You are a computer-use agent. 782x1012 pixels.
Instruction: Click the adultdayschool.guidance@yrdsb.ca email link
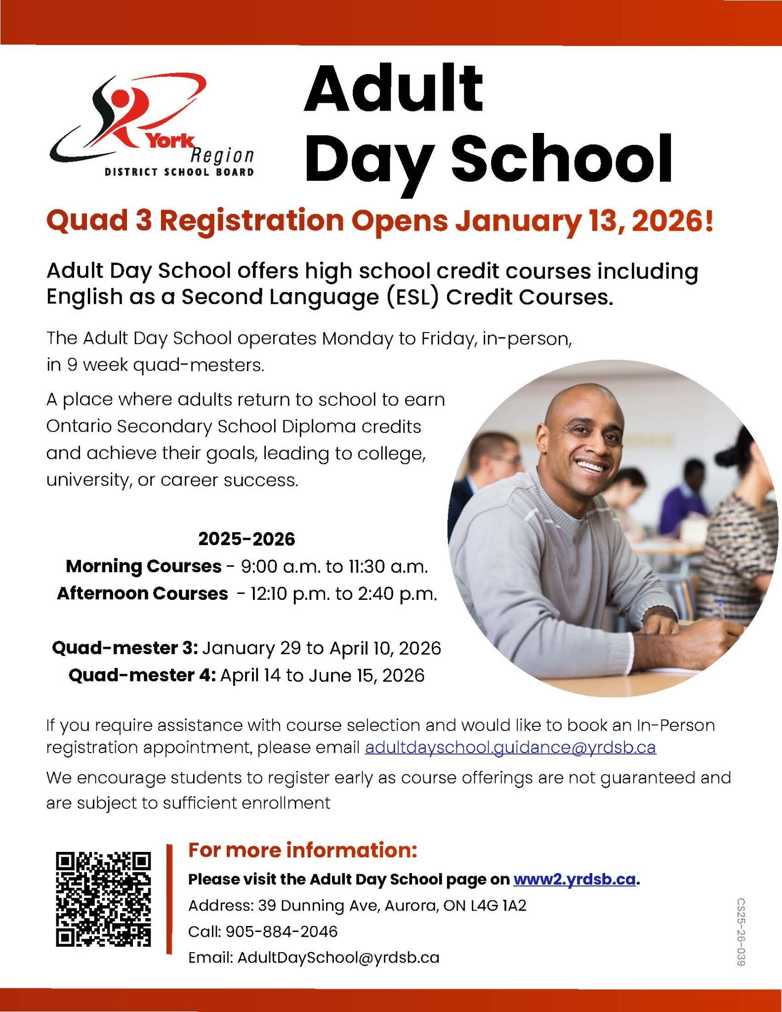[510, 747]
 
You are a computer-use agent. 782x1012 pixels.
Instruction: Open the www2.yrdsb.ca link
[575, 880]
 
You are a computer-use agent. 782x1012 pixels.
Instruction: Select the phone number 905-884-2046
[282, 932]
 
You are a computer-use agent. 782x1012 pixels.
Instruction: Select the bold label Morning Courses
[144, 566]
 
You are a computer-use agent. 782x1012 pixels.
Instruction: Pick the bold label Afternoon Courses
[143, 593]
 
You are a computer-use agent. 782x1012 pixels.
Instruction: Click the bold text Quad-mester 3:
[125, 648]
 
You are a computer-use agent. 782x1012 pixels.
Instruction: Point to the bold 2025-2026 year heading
[247, 539]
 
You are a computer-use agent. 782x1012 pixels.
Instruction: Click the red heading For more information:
[303, 850]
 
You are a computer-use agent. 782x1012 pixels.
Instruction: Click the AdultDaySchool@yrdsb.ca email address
[338, 958]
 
